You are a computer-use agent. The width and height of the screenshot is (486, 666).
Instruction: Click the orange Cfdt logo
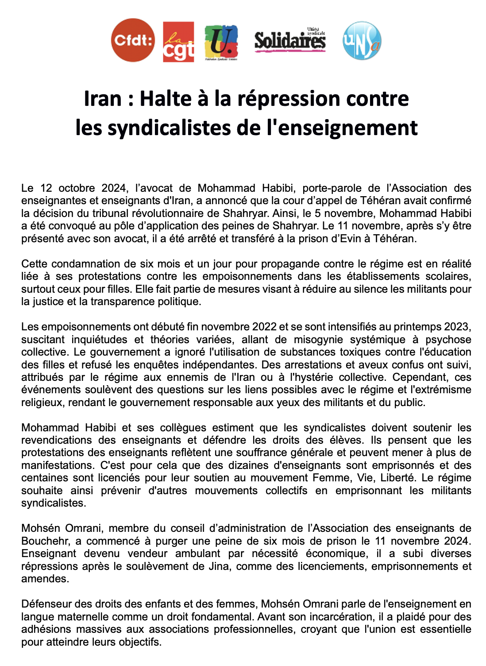coord(133,40)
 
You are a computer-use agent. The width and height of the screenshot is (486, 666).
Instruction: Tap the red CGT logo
coord(178,42)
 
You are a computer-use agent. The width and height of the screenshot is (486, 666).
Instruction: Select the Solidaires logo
coord(290,40)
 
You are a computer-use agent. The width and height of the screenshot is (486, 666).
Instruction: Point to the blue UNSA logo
coord(362,41)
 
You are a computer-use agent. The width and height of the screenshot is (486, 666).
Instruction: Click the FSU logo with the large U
coord(221,43)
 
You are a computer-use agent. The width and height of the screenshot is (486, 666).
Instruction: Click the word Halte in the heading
coord(166,98)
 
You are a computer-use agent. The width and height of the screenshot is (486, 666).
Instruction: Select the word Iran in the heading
coord(102,98)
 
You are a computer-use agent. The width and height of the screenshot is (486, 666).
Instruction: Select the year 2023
coord(456,327)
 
